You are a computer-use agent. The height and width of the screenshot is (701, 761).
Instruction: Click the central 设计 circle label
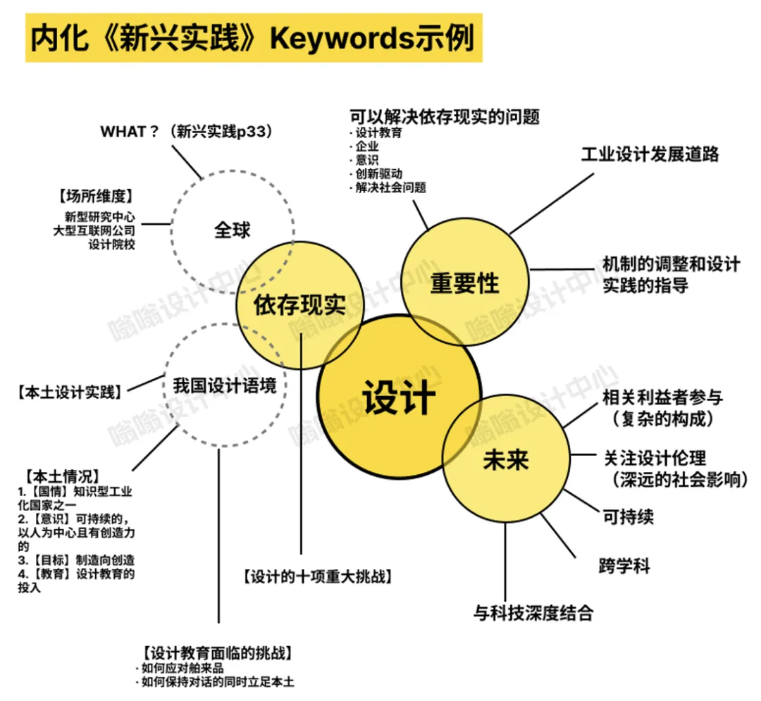click(399, 397)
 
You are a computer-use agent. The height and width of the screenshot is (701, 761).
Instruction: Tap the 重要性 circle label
click(464, 283)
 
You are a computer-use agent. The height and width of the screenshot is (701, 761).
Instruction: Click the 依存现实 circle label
click(299, 305)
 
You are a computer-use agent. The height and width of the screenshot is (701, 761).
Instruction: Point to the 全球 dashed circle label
click(232, 230)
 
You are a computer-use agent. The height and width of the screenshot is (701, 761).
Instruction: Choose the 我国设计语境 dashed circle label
click(225, 386)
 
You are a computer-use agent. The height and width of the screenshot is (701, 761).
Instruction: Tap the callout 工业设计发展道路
click(650, 154)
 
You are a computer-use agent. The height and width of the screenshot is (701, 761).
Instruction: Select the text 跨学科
click(624, 565)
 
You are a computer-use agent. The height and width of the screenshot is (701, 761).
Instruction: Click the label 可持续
click(628, 516)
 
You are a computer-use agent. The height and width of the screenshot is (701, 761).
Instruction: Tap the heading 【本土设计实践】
click(68, 392)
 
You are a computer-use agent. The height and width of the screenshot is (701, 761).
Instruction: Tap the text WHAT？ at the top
click(129, 131)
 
